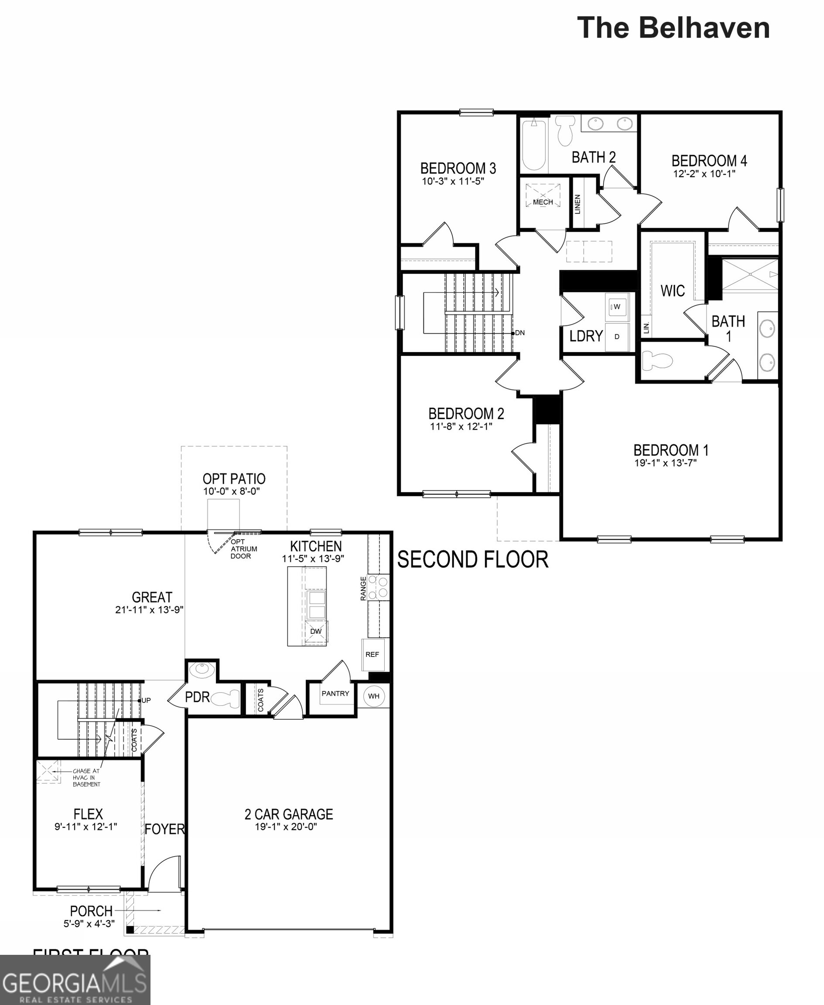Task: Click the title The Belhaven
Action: [673, 28]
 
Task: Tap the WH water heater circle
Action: [373, 696]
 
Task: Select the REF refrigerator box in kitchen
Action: [373, 655]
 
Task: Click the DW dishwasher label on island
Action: [316, 631]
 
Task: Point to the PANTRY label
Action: [335, 694]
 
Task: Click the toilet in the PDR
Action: [226, 699]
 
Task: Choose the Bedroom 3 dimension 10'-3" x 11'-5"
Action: [453, 181]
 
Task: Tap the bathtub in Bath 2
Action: [534, 144]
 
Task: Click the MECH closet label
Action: [543, 202]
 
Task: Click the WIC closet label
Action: [673, 291]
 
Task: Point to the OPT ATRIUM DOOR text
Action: [243, 549]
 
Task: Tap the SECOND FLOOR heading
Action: [473, 560]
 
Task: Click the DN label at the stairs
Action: [520, 333]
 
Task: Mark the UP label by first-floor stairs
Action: [146, 700]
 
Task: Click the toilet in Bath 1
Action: [657, 361]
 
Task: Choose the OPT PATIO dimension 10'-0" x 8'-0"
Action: [232, 491]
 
